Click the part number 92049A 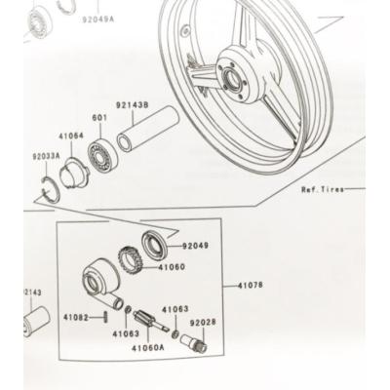[x=97, y=18]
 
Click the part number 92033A [x=45, y=156]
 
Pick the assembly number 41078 [x=251, y=286]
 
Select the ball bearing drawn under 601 [x=99, y=152]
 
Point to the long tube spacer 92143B [x=146, y=129]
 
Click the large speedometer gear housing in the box [x=99, y=280]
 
